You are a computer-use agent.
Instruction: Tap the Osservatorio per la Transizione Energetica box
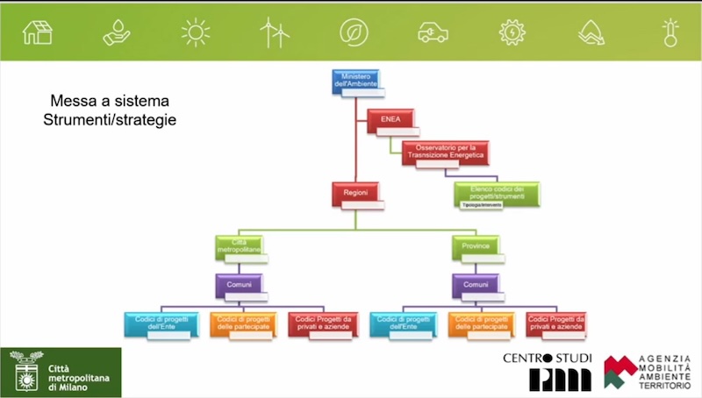(444, 153)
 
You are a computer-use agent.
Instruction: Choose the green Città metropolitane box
(239, 247)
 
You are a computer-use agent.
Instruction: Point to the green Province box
(476, 247)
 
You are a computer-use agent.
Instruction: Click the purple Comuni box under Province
(476, 286)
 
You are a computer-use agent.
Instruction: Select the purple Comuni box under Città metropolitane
(239, 286)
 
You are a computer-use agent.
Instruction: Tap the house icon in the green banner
(38, 32)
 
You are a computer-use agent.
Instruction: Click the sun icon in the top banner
(195, 32)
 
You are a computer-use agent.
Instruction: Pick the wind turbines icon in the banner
(274, 32)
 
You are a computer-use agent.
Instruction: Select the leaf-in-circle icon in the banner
(354, 32)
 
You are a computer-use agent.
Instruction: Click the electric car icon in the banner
(433, 33)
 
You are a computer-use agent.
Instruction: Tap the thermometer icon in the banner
(670, 32)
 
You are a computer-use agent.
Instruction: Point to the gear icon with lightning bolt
(512, 32)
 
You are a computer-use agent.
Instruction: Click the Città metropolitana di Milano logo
(61, 372)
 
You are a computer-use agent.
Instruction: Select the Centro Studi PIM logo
(548, 372)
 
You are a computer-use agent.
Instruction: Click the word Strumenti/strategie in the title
(110, 119)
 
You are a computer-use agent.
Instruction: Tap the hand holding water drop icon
(116, 33)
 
